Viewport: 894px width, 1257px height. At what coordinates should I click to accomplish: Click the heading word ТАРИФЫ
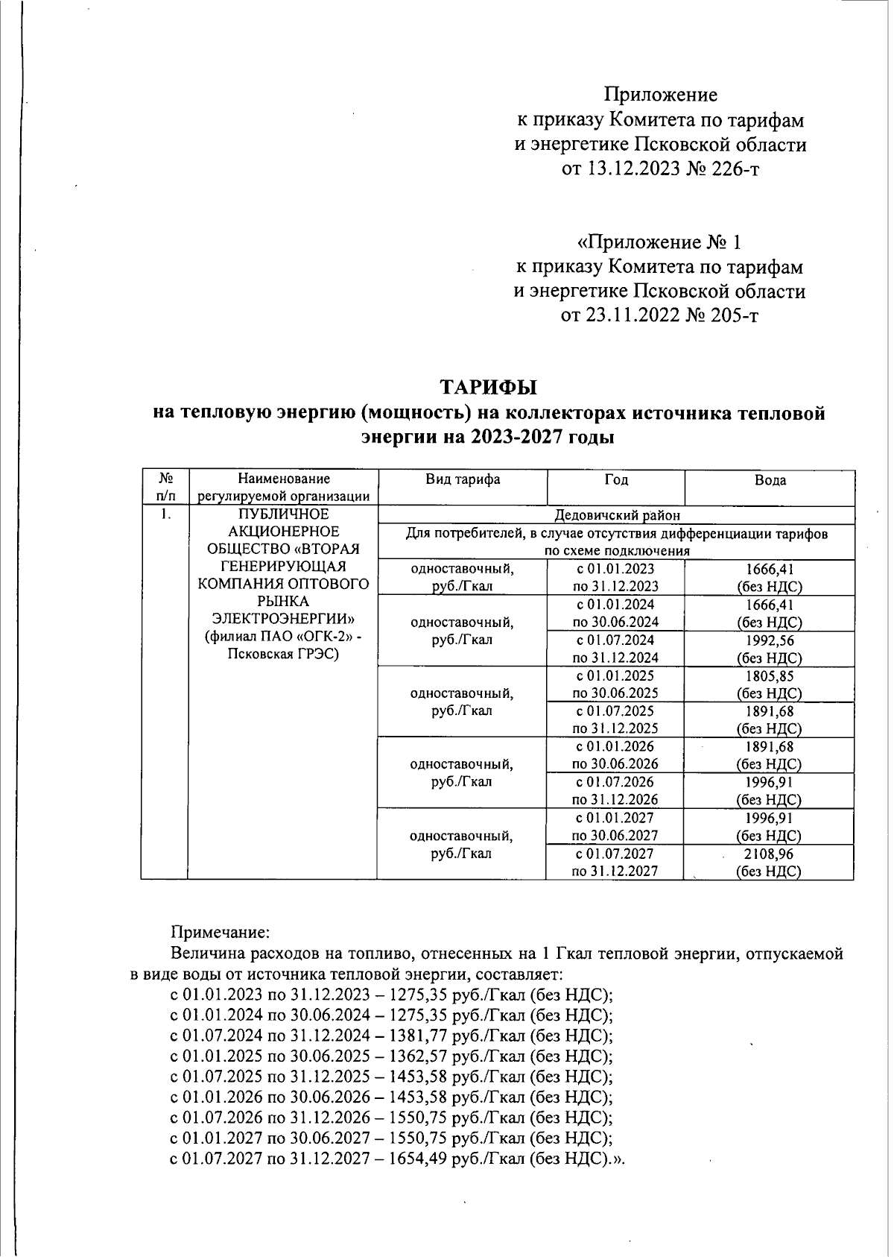488,388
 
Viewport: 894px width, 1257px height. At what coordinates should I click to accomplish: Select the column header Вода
770,481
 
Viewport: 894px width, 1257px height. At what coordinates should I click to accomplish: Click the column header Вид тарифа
462,479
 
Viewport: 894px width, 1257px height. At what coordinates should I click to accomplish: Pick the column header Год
615,479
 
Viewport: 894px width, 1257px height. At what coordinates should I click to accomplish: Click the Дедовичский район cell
617,515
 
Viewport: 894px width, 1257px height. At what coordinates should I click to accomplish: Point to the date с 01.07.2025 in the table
615,711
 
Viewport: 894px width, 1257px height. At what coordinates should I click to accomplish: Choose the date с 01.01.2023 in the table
615,569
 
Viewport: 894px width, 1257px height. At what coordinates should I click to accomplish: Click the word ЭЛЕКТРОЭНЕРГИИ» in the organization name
283,619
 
